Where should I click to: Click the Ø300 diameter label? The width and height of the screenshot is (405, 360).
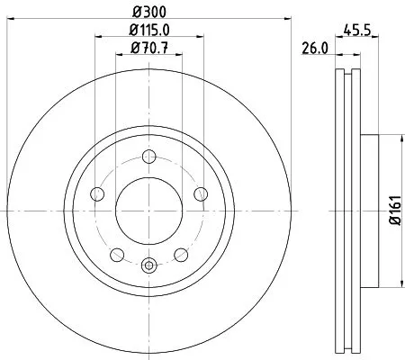click(x=149, y=12)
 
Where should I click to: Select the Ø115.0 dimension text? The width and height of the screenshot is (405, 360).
click(x=149, y=33)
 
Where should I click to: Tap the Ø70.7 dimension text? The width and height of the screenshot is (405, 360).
click(x=149, y=50)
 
